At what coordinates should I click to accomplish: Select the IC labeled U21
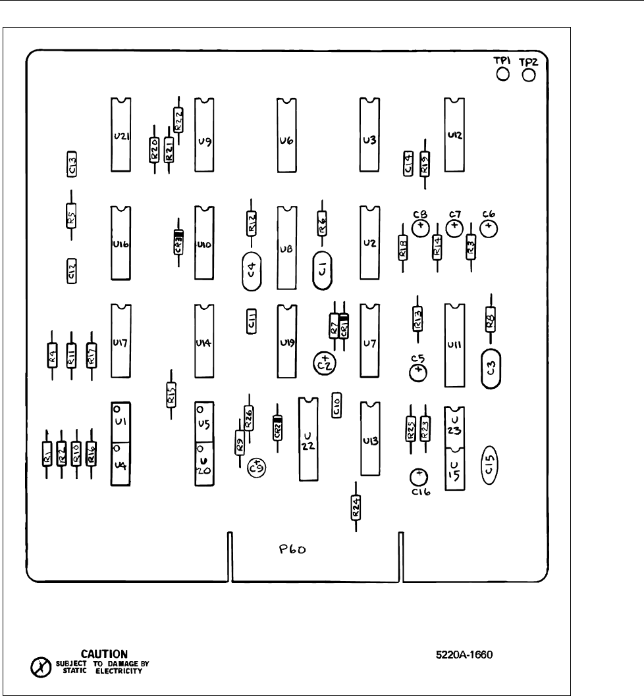[121, 136]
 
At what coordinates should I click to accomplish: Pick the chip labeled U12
[454, 135]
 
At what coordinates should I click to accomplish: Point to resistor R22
[178, 120]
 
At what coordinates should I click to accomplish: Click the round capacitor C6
[489, 228]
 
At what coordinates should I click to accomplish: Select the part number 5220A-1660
[464, 655]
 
